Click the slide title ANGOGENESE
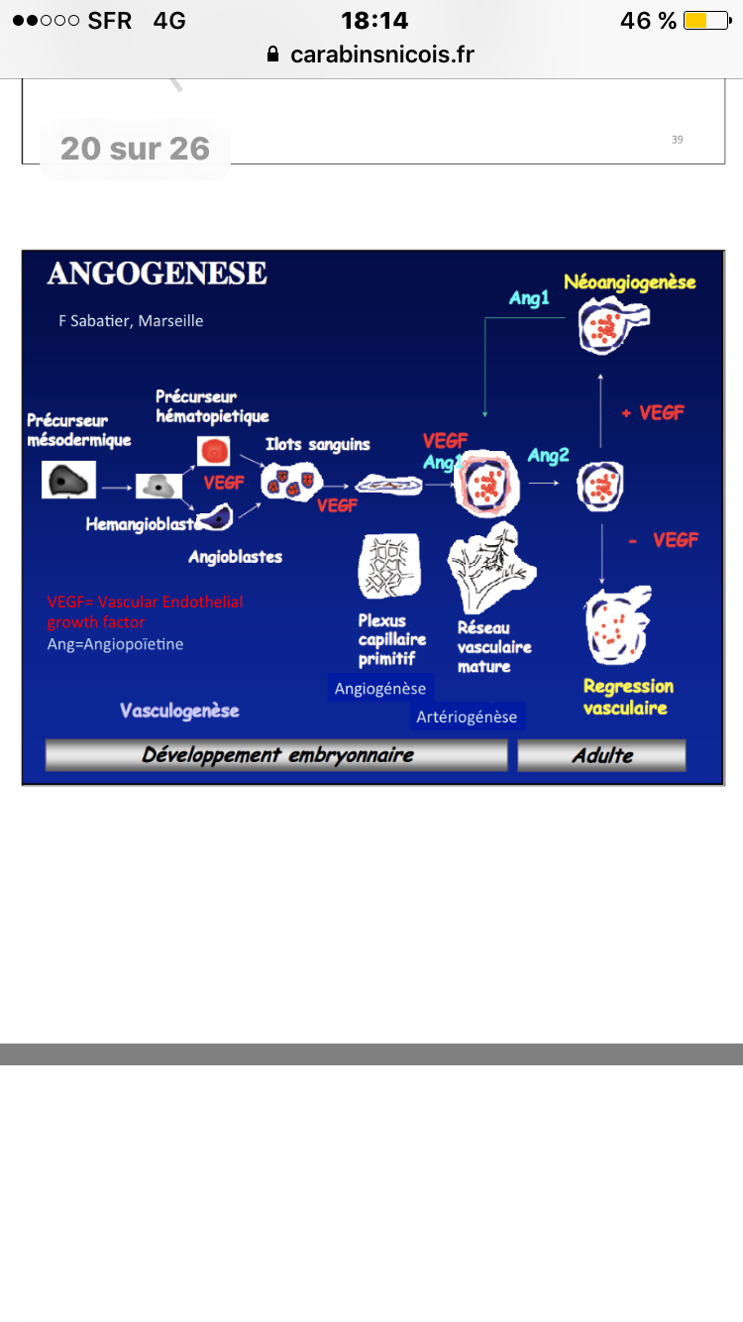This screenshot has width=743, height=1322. [x=157, y=274]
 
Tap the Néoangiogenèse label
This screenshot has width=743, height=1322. [x=630, y=282]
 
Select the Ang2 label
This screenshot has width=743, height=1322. [x=548, y=455]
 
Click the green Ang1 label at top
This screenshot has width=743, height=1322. [x=529, y=298]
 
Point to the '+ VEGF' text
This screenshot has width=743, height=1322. [x=652, y=412]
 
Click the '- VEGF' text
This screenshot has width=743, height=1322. [x=663, y=540]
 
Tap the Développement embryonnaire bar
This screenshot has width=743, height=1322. [x=276, y=755]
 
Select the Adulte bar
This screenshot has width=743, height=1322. [x=601, y=755]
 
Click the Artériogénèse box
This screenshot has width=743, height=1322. [x=467, y=716]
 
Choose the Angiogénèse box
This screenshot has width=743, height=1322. [x=380, y=688]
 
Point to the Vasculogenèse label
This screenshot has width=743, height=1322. [x=179, y=711]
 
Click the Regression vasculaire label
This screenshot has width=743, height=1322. [x=627, y=697]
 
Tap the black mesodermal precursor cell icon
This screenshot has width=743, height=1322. [x=68, y=481]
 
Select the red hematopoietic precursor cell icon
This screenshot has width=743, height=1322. [x=214, y=451]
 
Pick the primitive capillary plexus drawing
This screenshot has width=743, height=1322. [x=387, y=568]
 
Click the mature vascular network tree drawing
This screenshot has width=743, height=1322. [x=491, y=568]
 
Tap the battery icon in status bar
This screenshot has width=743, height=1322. [x=705, y=21]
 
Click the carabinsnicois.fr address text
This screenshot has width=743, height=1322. [x=381, y=55]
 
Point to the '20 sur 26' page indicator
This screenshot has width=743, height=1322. [x=135, y=149]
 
